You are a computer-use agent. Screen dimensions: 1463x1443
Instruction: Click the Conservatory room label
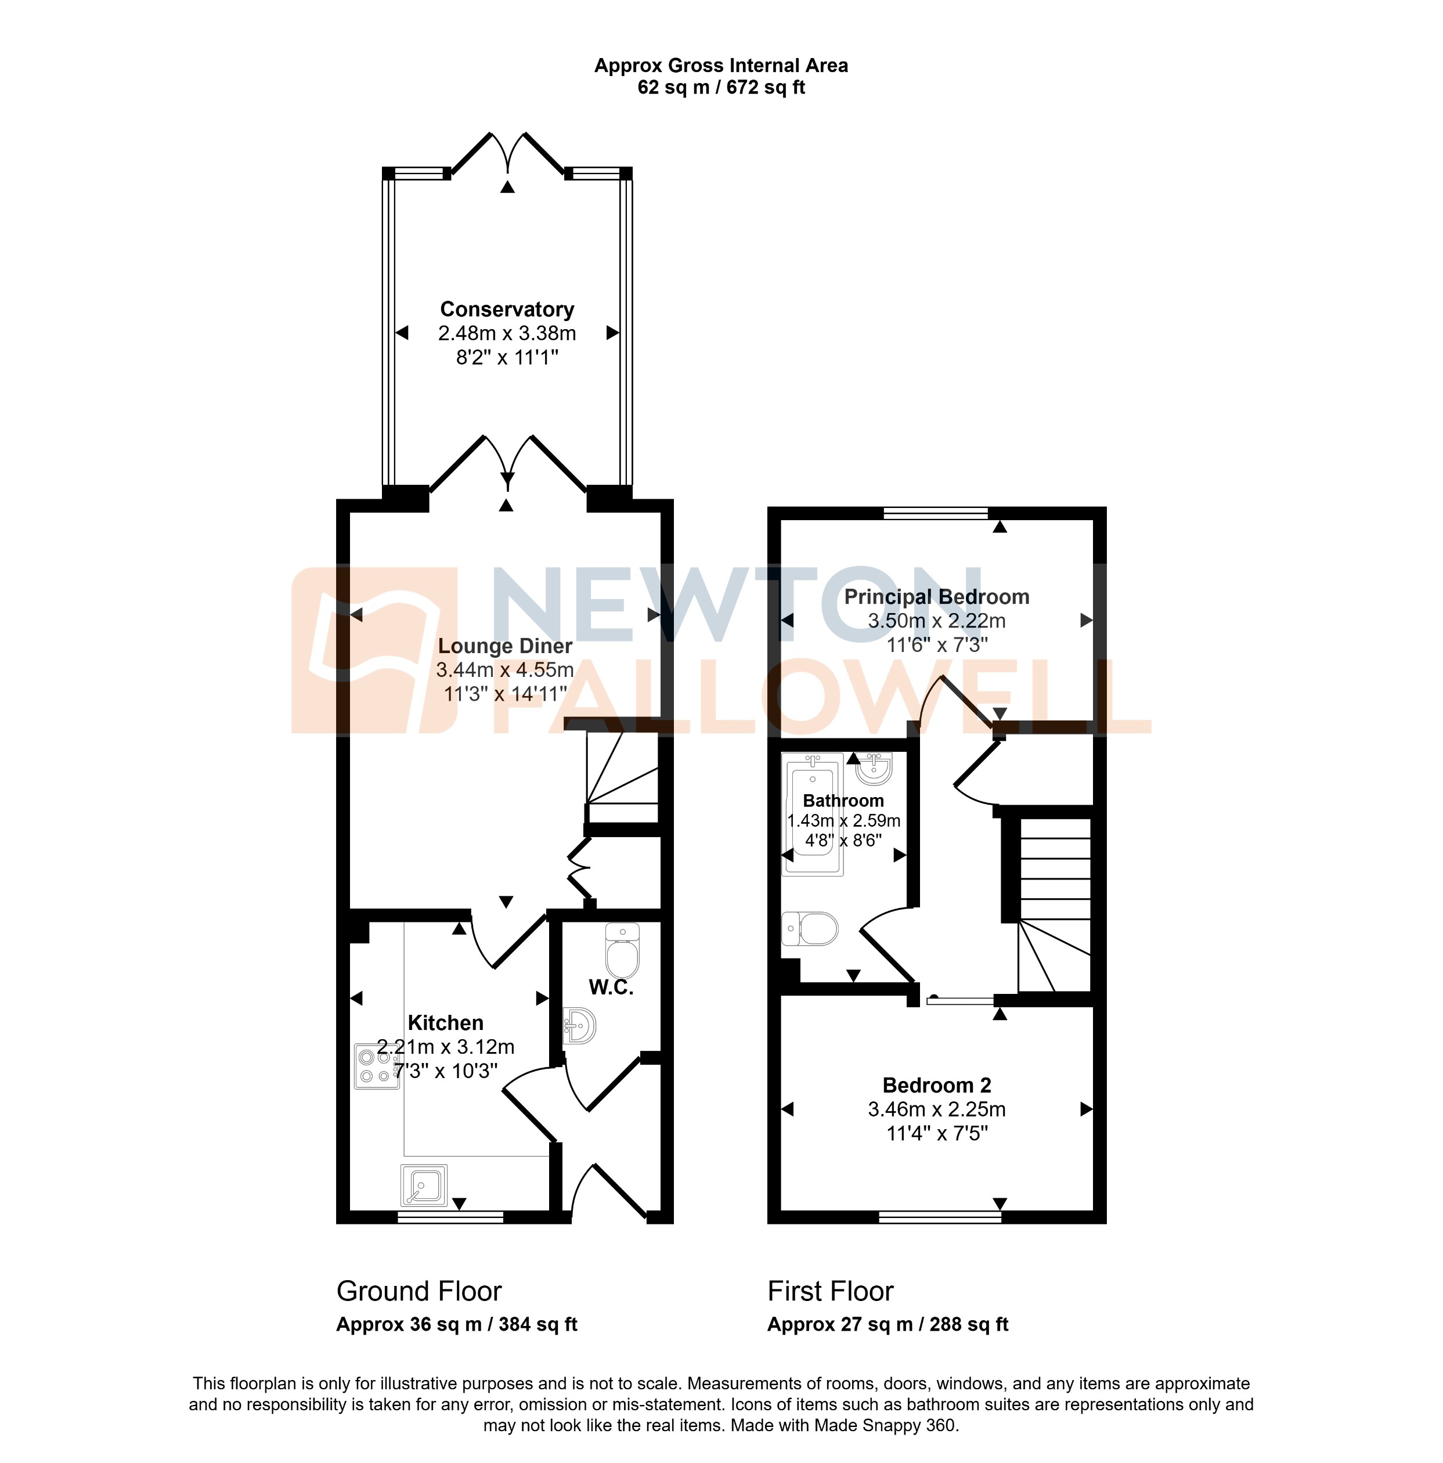tap(507, 309)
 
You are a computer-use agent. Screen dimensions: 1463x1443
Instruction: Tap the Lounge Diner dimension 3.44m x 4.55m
tap(504, 670)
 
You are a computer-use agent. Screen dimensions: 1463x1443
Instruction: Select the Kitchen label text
tap(445, 1023)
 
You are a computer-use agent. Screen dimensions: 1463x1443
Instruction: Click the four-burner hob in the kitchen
tap(376, 1066)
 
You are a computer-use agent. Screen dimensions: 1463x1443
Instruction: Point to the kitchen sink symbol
tap(423, 1185)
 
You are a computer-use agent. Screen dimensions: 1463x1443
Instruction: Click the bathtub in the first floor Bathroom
tap(813, 814)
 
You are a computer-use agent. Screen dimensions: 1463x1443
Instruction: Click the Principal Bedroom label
tap(936, 597)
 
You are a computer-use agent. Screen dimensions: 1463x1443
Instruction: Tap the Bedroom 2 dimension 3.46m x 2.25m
tap(936, 1109)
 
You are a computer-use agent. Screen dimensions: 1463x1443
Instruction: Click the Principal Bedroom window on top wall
tap(935, 513)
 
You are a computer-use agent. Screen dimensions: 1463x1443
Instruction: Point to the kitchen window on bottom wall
tap(450, 1217)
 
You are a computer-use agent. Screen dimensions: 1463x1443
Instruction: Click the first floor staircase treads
tap(1055, 871)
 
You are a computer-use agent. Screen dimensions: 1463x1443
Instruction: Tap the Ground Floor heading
tap(419, 1291)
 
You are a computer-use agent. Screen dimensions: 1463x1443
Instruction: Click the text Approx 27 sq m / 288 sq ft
tap(888, 1324)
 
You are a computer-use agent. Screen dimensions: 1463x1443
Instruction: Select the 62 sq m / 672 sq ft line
tap(721, 88)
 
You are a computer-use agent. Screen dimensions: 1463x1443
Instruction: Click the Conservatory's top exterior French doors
tap(507, 155)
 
